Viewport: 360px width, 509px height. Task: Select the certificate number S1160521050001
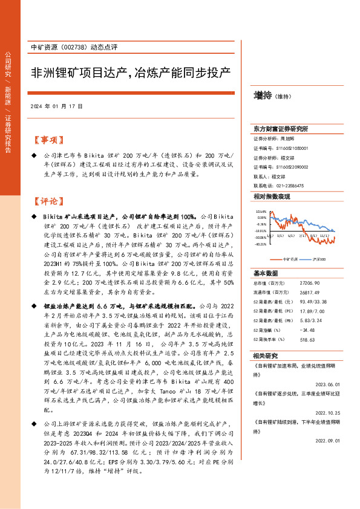click(293, 148)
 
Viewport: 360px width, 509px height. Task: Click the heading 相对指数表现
click(272, 197)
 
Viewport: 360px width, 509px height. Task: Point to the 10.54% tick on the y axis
click(261, 212)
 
